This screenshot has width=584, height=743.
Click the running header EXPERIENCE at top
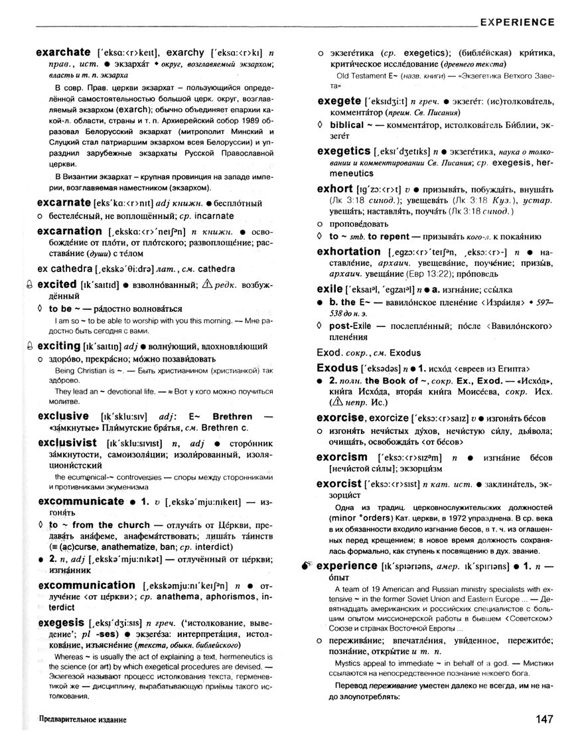(x=517, y=22)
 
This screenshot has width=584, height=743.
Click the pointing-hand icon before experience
(x=305, y=566)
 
